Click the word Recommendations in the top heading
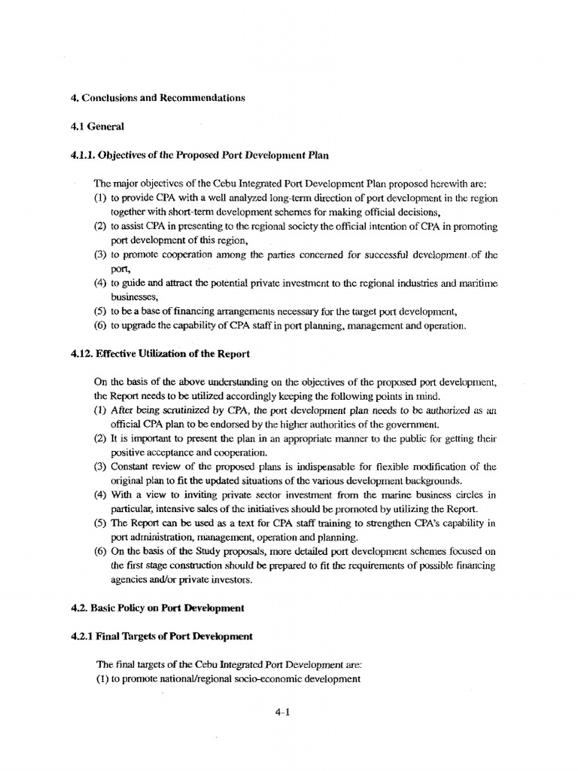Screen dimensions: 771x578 [x=202, y=99]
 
